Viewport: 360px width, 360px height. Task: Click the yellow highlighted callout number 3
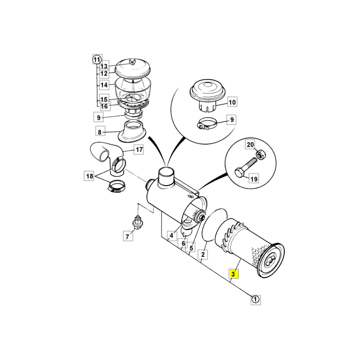click(234, 274)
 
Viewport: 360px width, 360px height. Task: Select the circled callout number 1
click(256, 299)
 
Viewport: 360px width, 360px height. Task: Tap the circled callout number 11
click(97, 60)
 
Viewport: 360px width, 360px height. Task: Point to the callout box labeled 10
click(232, 102)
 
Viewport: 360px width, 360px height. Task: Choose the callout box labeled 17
click(139, 150)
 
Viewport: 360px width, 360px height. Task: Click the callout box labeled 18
click(89, 176)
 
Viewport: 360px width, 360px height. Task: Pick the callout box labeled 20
click(250, 144)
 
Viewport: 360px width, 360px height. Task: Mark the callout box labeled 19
click(254, 178)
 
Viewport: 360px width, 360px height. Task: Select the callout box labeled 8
click(100, 132)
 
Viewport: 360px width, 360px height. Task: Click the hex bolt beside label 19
click(246, 166)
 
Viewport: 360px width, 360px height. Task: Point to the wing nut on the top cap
click(132, 62)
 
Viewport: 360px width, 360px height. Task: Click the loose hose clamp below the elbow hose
click(116, 186)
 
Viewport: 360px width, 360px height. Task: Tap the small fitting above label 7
click(137, 222)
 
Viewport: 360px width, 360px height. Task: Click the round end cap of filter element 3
click(271, 261)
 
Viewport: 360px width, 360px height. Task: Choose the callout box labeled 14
click(104, 85)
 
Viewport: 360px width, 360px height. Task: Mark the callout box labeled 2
click(203, 254)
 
